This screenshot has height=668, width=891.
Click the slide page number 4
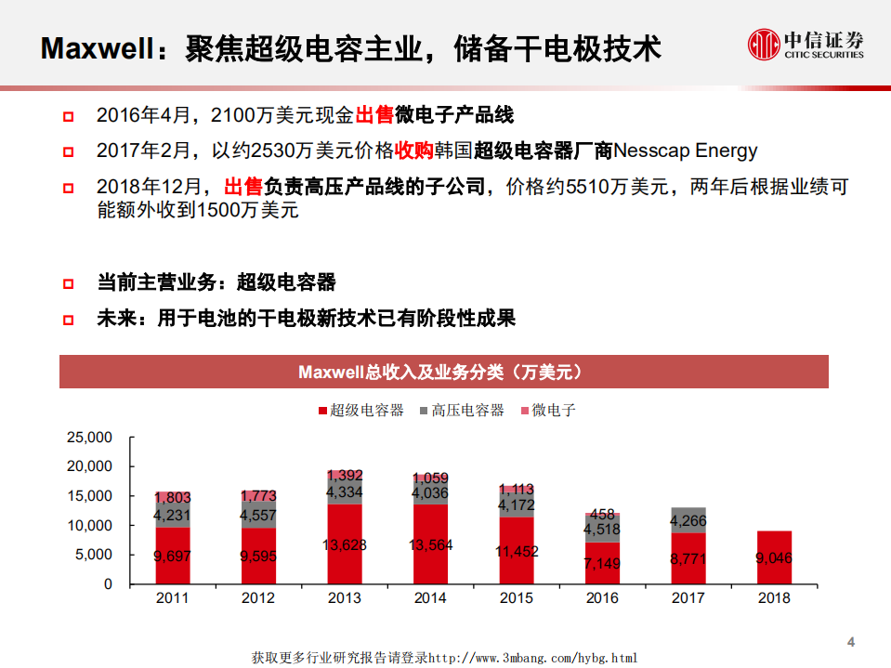[x=850, y=641]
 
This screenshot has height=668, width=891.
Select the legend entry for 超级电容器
[x=361, y=410]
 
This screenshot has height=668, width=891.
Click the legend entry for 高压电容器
[x=462, y=410]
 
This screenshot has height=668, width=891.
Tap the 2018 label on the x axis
[x=774, y=598]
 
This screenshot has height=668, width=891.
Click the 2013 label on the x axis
[x=345, y=598]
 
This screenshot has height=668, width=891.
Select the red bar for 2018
[x=774, y=557]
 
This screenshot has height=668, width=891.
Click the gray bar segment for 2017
[x=688, y=520]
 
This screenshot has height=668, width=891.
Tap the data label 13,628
[x=345, y=544]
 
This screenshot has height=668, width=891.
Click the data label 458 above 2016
[x=602, y=514]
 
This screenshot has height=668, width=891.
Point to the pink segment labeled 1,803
[x=172, y=498]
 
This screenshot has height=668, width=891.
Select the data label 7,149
[x=602, y=563]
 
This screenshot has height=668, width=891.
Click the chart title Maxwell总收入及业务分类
[x=443, y=372]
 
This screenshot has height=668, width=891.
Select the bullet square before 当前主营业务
[x=68, y=283]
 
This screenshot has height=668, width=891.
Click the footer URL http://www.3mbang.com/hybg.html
[x=532, y=658]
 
